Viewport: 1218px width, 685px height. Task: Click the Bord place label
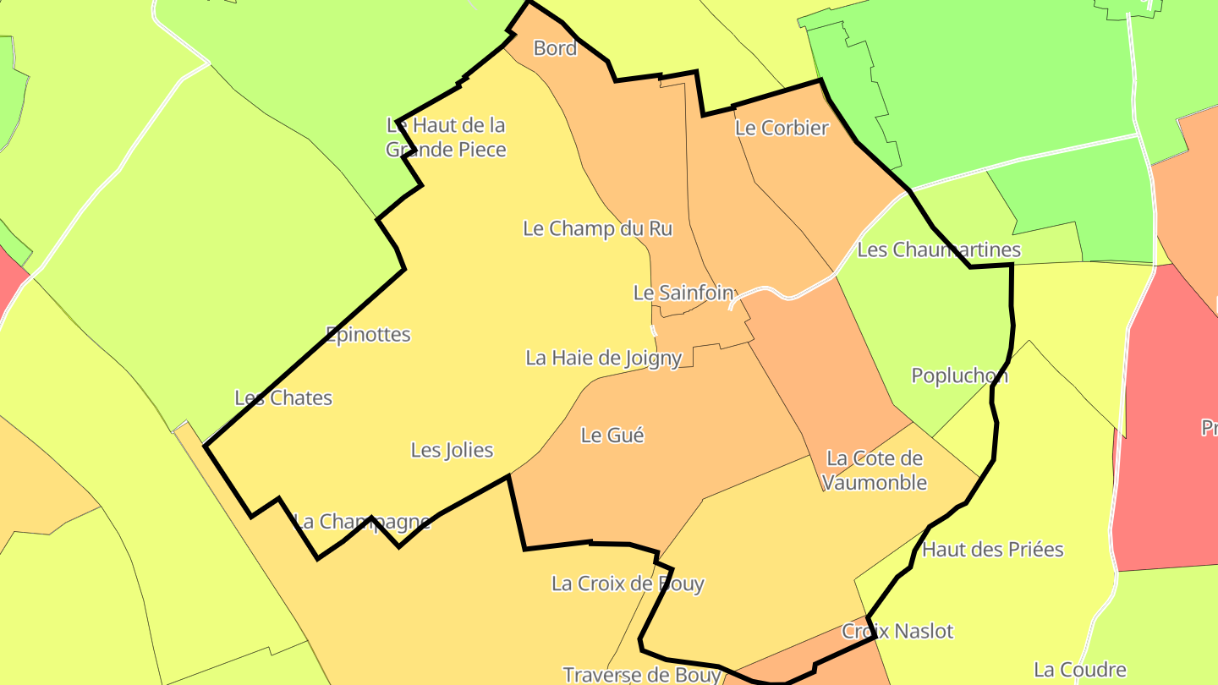(555, 48)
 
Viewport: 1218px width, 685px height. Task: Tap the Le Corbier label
(782, 128)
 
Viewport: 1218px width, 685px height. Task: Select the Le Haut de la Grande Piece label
(446, 137)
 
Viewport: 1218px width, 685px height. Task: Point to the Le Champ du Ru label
(597, 228)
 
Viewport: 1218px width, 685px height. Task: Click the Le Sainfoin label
(683, 293)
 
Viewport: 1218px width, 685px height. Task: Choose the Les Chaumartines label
(939, 249)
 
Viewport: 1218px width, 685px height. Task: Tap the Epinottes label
(368, 334)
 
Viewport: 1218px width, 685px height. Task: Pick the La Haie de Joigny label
(603, 358)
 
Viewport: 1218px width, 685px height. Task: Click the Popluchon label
(959, 375)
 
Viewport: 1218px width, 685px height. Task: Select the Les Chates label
(283, 397)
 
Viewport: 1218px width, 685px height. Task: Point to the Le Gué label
(612, 436)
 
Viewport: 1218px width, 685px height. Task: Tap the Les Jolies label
(452, 450)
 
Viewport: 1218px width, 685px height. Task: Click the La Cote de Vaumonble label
(875, 470)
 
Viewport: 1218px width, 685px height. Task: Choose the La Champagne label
(362, 521)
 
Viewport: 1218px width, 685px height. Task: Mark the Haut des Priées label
(992, 550)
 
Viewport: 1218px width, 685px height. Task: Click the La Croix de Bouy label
(628, 584)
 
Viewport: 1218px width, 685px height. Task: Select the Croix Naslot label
(897, 631)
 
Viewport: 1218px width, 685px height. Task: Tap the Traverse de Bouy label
(642, 674)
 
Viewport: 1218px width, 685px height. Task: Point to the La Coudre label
(1079, 671)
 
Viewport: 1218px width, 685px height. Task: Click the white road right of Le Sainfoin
(787, 296)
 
